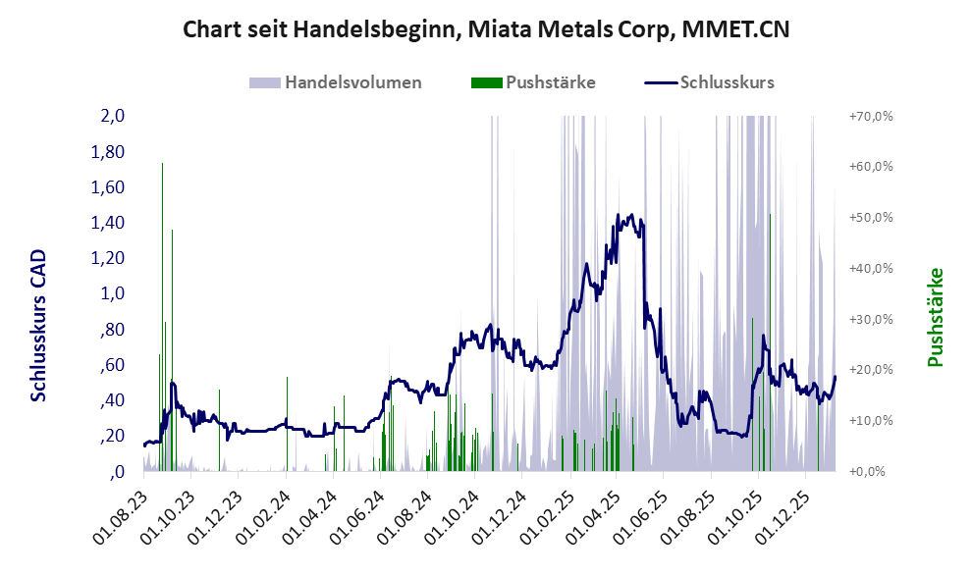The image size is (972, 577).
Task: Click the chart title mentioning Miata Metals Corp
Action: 487,31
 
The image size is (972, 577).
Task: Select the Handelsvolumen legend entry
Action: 336,82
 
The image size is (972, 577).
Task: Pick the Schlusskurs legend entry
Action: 710,82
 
